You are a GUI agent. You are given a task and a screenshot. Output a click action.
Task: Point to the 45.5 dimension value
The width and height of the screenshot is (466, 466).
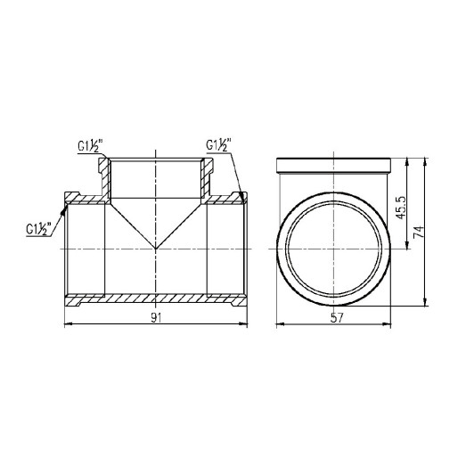click(x=402, y=207)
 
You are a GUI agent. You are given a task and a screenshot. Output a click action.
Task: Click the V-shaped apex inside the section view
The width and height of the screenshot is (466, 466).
click(x=157, y=249)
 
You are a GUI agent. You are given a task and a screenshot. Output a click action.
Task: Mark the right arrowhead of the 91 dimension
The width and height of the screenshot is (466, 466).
click(x=245, y=325)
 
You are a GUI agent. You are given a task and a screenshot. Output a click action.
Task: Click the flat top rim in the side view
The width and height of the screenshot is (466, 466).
click(x=335, y=165)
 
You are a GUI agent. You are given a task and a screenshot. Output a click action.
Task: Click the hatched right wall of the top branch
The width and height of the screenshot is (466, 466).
click(x=208, y=178)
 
